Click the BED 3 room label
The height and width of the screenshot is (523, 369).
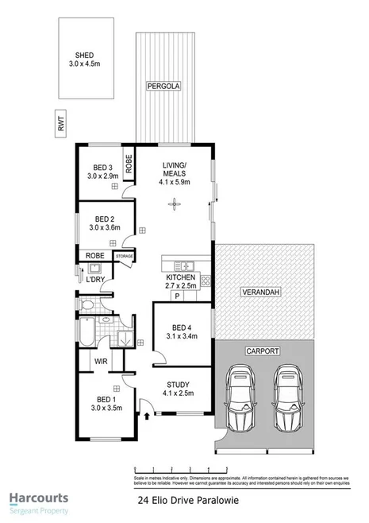pos(102,167)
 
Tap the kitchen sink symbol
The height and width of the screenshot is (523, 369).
pos(186,265)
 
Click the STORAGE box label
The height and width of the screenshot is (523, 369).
pos(125,256)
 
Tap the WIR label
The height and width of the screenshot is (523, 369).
pos(101,361)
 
